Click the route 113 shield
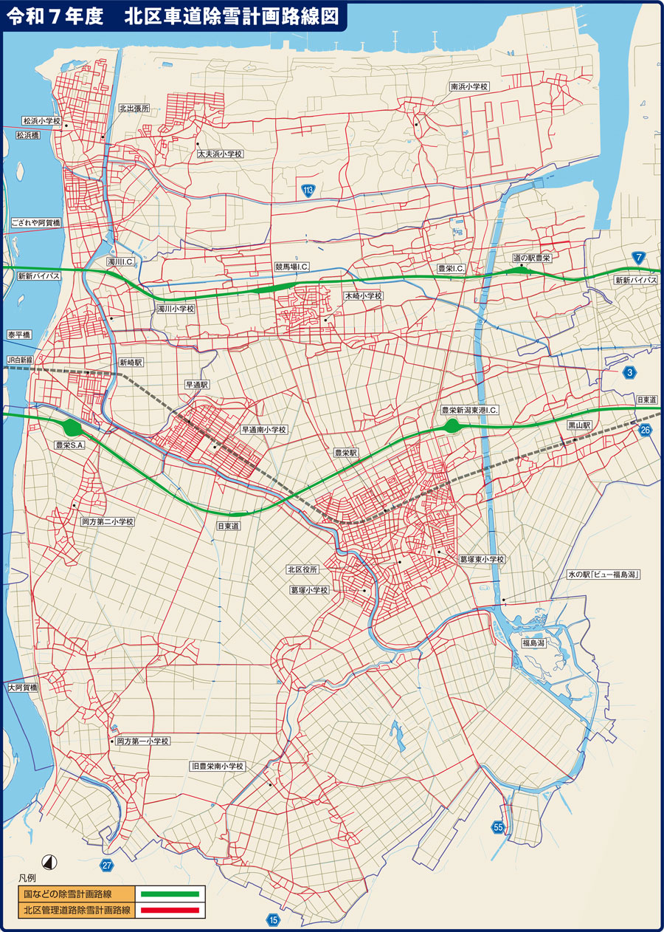(x=309, y=191)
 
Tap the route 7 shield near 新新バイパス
(x=637, y=258)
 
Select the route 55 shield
(x=498, y=827)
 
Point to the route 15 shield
(x=274, y=919)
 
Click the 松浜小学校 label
(x=41, y=120)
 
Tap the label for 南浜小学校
(x=469, y=86)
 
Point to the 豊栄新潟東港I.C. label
(x=470, y=410)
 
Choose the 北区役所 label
(x=302, y=569)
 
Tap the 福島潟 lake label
(x=533, y=643)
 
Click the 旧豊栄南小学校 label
(x=216, y=767)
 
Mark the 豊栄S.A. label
(x=71, y=445)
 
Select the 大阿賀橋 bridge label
(x=22, y=688)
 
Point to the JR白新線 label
(x=20, y=360)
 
